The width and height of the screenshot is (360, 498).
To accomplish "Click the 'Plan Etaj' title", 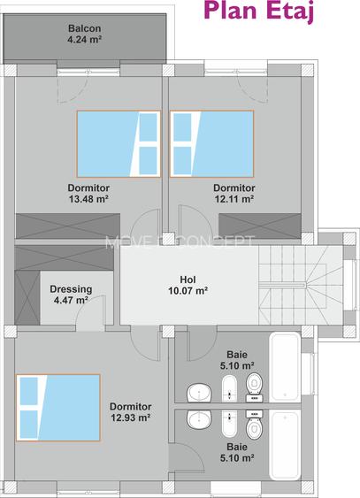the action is tap(259, 11).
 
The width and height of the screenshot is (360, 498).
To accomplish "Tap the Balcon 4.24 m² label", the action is tap(84, 34).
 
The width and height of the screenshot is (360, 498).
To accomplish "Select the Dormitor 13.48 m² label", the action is tap(88, 193).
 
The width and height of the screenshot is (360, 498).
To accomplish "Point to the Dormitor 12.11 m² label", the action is tap(234, 193).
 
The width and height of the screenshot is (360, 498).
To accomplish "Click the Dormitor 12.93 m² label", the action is tap(131, 412).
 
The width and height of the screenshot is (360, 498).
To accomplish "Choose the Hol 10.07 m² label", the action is tap(188, 285).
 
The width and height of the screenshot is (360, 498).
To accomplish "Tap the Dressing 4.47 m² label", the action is tap(71, 295).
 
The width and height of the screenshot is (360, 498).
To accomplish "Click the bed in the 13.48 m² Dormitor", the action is tap(119, 144).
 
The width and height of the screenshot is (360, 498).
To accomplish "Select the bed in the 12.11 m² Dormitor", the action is tap(211, 144).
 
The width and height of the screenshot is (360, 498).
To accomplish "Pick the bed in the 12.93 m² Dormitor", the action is tap(58, 408).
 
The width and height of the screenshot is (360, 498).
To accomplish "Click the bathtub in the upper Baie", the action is tap(285, 367).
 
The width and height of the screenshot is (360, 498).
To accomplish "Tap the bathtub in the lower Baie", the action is tap(285, 445).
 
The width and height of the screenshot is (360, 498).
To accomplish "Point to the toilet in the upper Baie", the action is tap(254, 387).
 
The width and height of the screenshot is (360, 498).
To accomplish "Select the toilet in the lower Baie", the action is tap(254, 425).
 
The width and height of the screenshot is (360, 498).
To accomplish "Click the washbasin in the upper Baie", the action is tap(199, 393).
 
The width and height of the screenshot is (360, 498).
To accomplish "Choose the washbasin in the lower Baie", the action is tap(199, 419).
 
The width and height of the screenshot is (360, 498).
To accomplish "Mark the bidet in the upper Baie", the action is tap(229, 388).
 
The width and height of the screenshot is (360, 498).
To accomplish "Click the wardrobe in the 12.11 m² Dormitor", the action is tap(260, 226).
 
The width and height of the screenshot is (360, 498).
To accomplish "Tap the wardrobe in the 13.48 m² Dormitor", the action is tap(68, 226).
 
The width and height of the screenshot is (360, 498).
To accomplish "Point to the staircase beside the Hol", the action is tap(301, 285).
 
